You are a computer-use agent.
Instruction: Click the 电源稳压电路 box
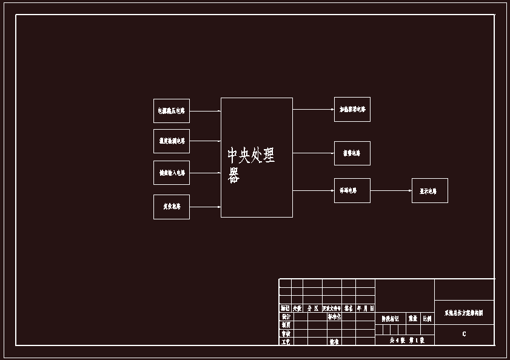[172, 111]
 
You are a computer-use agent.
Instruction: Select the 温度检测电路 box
[172, 141]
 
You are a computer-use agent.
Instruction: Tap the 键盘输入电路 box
[172, 173]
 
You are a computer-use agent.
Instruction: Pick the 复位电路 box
[172, 207]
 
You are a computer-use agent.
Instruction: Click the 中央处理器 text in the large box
[250, 164]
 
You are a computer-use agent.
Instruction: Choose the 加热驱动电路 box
[352, 110]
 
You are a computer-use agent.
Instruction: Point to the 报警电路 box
[352, 153]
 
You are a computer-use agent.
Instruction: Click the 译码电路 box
[352, 190]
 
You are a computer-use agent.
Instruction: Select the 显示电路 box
[429, 191]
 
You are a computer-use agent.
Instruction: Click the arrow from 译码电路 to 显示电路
[391, 190]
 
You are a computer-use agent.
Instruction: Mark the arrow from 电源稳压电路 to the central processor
[205, 111]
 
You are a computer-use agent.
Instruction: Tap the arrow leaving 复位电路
[205, 207]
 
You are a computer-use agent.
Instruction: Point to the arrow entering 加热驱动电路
[313, 110]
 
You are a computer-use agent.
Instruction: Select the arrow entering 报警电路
[313, 153]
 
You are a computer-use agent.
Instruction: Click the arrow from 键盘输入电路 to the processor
[205, 173]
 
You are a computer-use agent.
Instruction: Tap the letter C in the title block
[464, 334]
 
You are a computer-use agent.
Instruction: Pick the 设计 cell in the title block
[286, 316]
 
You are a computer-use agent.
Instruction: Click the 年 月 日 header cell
[365, 308]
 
